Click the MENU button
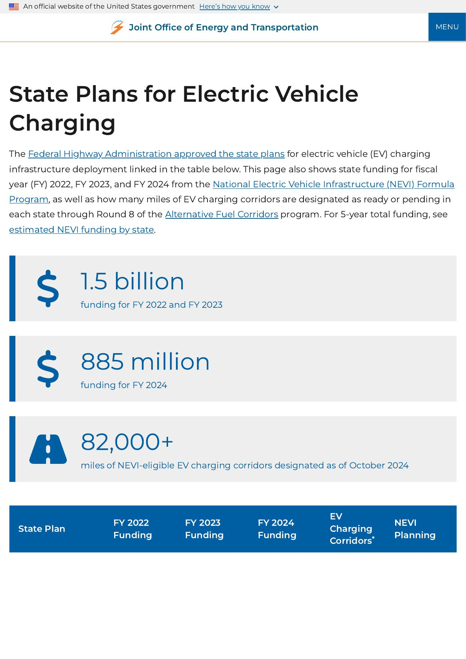click(x=447, y=27)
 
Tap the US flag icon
click(x=14, y=7)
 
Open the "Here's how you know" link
click(x=235, y=7)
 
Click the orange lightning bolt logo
click(x=117, y=27)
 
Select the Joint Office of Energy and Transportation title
click(x=223, y=27)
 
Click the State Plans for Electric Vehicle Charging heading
click(x=183, y=108)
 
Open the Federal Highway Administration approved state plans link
click(x=156, y=154)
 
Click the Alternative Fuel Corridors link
click(x=221, y=214)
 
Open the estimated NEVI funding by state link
click(x=81, y=230)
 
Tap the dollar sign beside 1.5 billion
click(x=48, y=288)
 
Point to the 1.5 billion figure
click(x=132, y=281)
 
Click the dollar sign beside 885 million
click(x=48, y=369)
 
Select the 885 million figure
click(x=145, y=362)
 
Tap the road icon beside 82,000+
click(x=48, y=449)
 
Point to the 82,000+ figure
click(x=127, y=442)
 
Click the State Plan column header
click(x=42, y=529)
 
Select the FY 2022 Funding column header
click(x=132, y=529)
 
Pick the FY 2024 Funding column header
click(x=277, y=529)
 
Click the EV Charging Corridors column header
click(x=352, y=529)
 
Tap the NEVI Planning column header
click(x=415, y=529)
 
